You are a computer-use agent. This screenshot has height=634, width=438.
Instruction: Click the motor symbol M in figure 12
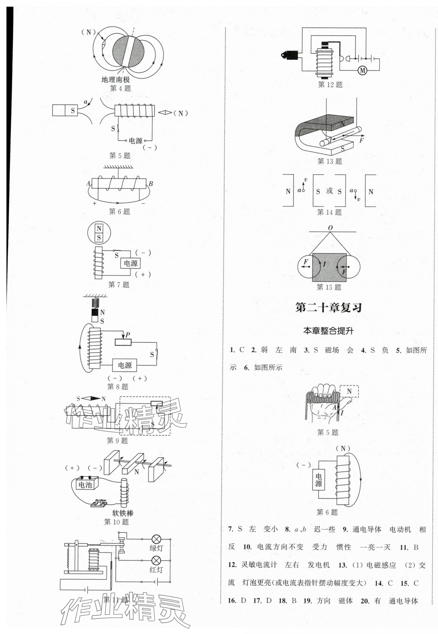point(363,71)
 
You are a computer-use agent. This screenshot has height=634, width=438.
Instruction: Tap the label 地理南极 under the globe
point(115,80)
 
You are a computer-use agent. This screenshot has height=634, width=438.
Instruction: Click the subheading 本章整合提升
point(328,331)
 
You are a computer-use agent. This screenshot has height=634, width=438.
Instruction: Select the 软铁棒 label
point(123,512)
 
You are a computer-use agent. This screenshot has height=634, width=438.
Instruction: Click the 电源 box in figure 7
point(131,263)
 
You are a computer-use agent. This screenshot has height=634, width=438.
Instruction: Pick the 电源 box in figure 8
point(125,365)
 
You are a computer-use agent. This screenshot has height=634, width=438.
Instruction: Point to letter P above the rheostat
point(128,335)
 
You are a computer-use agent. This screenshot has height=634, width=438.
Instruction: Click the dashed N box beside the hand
point(349,391)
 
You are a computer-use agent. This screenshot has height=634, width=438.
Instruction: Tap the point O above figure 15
point(330,228)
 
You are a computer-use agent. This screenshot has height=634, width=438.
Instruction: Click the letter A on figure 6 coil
point(88,183)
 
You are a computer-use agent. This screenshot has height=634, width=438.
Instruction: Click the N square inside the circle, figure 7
point(99,228)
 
